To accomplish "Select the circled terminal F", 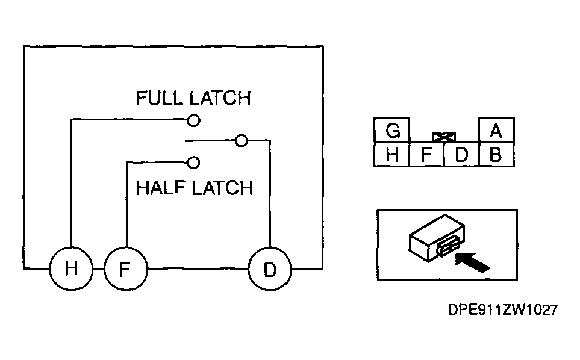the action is tap(126, 268).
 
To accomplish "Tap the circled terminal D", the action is tap(270, 268).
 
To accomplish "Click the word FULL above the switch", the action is tap(159, 98).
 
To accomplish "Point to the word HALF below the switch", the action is tap(160, 188).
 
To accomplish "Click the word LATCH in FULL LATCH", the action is tap(220, 98).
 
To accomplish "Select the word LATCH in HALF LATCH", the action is tap(222, 188).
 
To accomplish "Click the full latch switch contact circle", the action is tap(193, 120).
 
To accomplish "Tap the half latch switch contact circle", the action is tap(193, 163).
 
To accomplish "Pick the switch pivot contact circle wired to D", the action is tap(241, 141).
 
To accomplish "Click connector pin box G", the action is tap(392, 130).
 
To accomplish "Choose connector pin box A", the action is tap(496, 130).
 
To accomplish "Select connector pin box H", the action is tap(391, 155).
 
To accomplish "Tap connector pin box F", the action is tap(426, 155).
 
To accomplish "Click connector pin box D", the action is tap(461, 155).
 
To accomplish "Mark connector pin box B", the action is tap(496, 155).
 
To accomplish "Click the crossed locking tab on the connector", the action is tap(444, 137).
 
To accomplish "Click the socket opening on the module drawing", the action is tap(449, 247).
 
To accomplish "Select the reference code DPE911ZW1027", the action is tap(503, 310).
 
